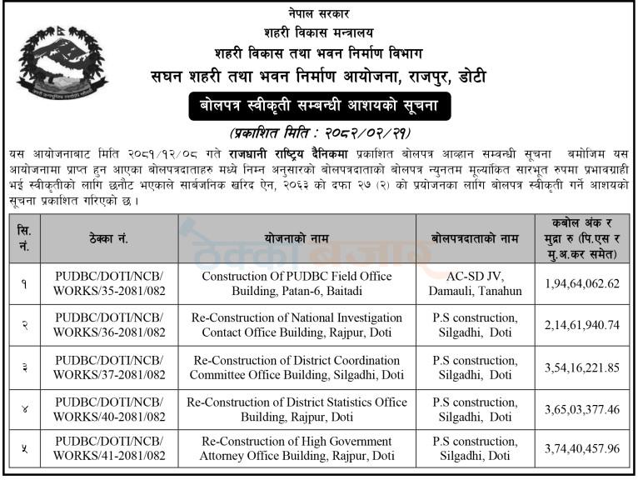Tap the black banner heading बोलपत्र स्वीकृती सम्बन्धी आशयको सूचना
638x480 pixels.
tap(319, 107)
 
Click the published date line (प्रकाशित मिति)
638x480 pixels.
tap(319, 133)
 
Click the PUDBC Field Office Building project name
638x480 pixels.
tap(297, 283)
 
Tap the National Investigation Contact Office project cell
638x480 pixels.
tap(297, 324)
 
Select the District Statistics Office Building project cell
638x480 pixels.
tap(297, 408)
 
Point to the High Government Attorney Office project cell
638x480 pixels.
tap(297, 449)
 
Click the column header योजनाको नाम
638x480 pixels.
tap(297, 238)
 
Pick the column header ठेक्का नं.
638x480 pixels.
tap(110, 238)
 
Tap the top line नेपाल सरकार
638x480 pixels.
tap(319, 14)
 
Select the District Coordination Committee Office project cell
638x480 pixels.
tap(297, 366)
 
